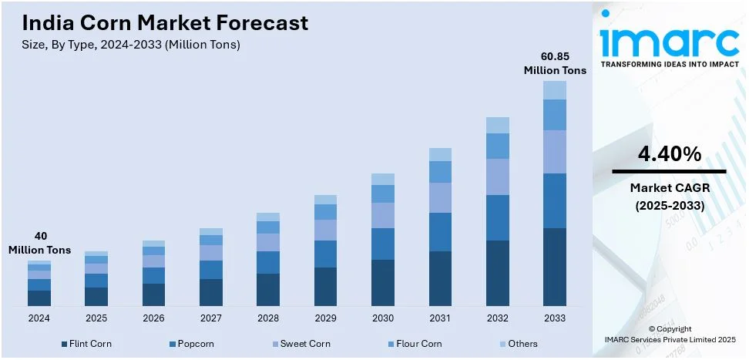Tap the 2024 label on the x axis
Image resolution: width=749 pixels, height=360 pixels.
pyautogui.click(x=39, y=318)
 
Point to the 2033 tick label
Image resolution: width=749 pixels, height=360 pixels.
pyautogui.click(x=554, y=318)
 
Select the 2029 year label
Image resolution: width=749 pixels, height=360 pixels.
pyautogui.click(x=325, y=318)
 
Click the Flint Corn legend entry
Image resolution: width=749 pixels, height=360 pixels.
pyautogui.click(x=86, y=344)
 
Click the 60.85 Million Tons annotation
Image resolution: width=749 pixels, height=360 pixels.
pyautogui.click(x=555, y=63)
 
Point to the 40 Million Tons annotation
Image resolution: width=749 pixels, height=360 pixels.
pyautogui.click(x=39, y=243)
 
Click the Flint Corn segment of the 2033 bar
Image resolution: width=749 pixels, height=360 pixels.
pyautogui.click(x=554, y=267)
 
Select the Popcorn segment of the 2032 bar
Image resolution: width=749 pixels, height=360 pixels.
pyautogui.click(x=497, y=217)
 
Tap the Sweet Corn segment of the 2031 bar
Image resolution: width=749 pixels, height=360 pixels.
pyautogui.click(x=440, y=197)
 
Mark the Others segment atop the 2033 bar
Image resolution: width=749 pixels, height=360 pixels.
pyautogui.click(x=554, y=90)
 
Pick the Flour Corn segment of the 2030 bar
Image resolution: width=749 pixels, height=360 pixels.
pyautogui.click(x=383, y=193)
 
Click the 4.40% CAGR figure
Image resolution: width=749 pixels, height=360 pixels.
pyautogui.click(x=669, y=154)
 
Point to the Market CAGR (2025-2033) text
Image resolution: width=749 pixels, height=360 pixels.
pyautogui.click(x=669, y=197)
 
